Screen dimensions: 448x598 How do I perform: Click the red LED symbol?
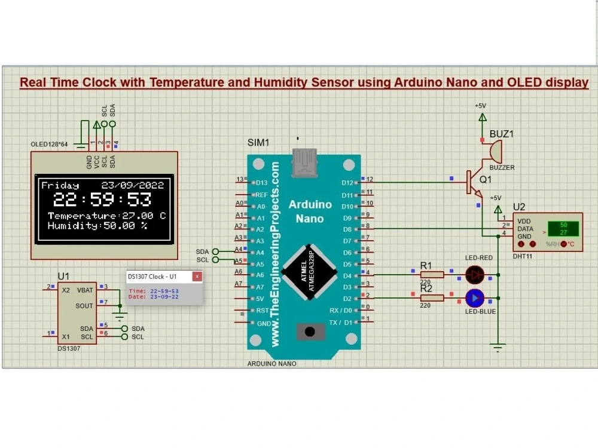click(x=475, y=275)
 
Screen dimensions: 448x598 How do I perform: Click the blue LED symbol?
click(x=475, y=297)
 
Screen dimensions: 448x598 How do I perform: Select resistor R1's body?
click(x=432, y=275)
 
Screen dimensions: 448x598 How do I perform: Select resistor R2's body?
click(x=432, y=297)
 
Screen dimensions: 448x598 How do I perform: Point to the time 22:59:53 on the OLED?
click(x=102, y=200)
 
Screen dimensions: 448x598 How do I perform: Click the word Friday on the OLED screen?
click(x=60, y=186)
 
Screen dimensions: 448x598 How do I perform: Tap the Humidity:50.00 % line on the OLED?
click(x=97, y=226)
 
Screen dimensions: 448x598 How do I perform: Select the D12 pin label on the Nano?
click(x=347, y=183)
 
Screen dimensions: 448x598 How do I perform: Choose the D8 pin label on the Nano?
click(x=347, y=229)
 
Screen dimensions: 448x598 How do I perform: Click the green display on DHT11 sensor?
click(x=563, y=229)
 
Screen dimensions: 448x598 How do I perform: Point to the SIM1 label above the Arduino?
click(x=258, y=143)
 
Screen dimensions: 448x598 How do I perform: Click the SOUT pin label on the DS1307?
click(x=84, y=305)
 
